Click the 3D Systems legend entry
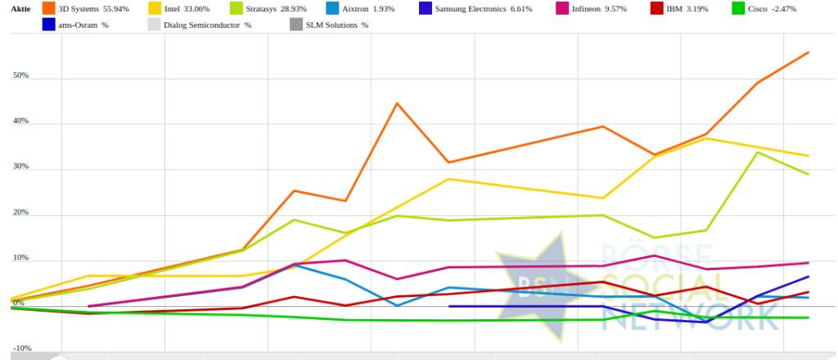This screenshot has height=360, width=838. [x=93, y=9]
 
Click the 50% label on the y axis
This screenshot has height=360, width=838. [x=20, y=75]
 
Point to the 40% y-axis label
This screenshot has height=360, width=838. [x=20, y=121]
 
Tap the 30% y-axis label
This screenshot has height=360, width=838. [x=20, y=167]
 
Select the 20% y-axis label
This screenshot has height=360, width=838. [x=20, y=213]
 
